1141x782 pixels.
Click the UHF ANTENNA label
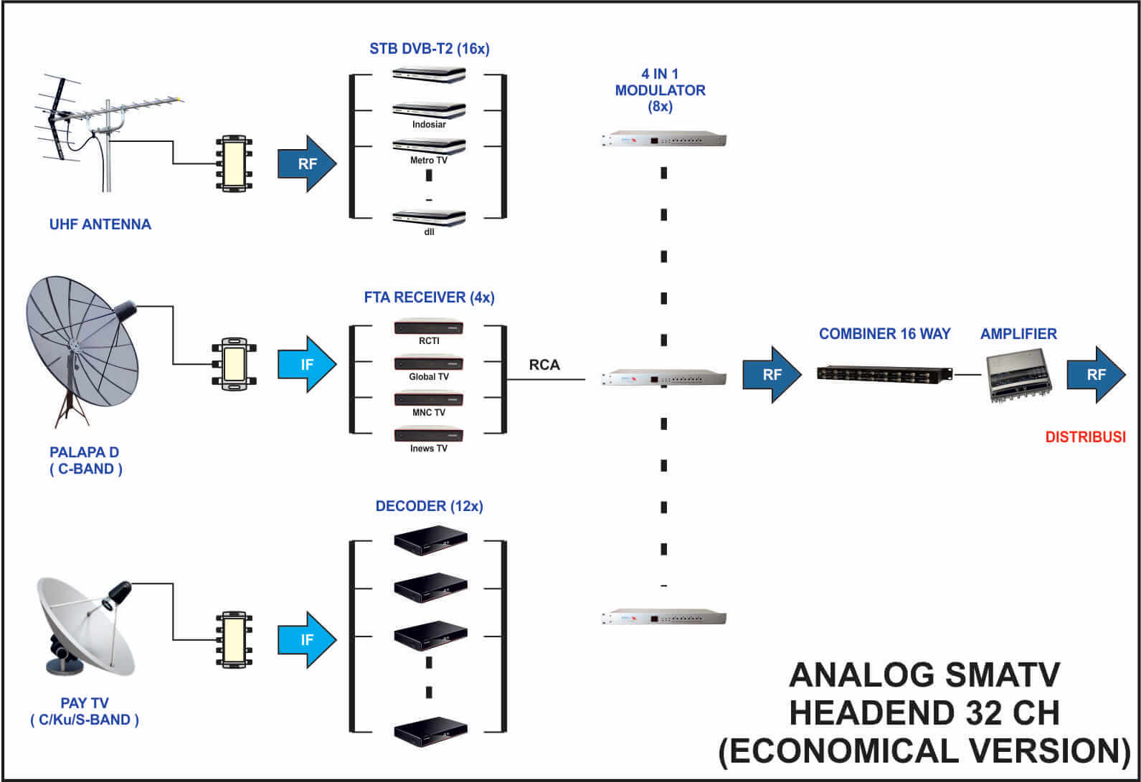click(100, 224)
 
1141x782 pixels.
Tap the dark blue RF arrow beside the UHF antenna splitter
click(307, 164)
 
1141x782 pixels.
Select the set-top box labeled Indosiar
click(429, 110)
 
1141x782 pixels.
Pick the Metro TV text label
click(429, 161)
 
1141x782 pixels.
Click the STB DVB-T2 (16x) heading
click(430, 49)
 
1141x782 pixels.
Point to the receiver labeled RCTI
click(429, 326)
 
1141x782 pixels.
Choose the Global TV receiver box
click(429, 363)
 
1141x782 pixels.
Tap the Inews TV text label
click(429, 449)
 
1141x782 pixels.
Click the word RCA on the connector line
click(544, 365)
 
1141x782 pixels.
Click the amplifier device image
click(1019, 375)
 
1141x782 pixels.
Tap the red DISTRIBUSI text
click(1086, 437)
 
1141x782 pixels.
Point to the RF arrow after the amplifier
click(1096, 375)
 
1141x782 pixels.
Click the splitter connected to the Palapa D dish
click(235, 364)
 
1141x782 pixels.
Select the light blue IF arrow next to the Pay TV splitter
click(307, 640)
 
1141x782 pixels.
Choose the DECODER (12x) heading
click(430, 507)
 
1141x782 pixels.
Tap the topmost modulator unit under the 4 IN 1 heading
click(663, 139)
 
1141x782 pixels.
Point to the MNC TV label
click(429, 413)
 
